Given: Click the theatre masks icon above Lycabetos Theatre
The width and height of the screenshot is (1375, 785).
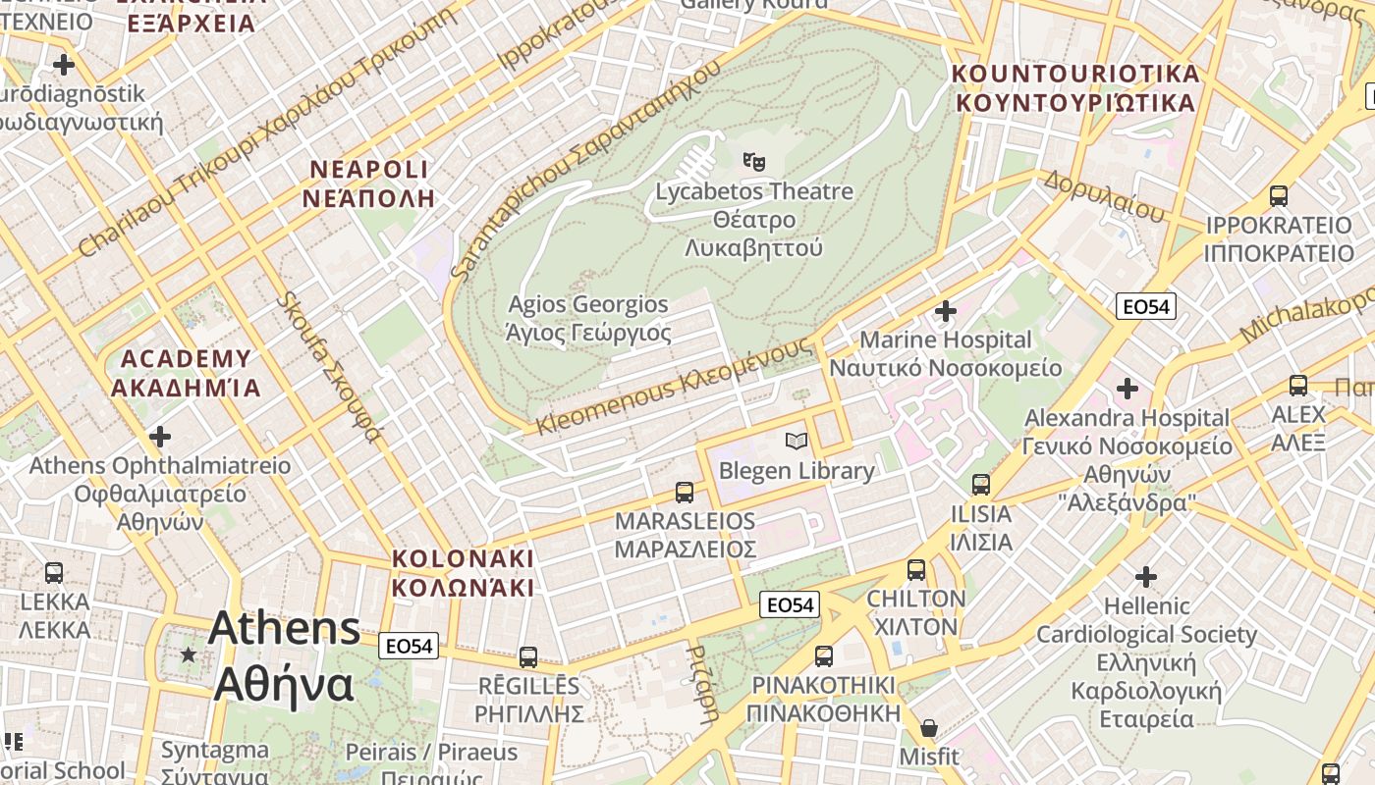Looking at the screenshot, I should pos(753,160).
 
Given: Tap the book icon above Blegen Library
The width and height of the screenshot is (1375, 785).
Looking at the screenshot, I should pos(797,441).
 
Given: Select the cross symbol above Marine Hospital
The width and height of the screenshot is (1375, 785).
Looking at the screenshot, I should pos(945,311).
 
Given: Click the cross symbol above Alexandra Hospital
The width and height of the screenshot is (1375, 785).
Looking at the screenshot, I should pos(1127,389).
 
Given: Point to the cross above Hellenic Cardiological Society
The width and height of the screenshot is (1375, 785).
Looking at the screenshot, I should pos(1145,576).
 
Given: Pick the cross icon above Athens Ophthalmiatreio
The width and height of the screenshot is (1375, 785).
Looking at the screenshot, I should pos(159,436).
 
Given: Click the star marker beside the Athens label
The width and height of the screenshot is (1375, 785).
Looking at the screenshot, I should pos(188,654).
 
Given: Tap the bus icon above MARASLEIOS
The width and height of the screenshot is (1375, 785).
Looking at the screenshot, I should pos(685,492).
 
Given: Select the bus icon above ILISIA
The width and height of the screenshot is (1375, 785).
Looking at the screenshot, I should pos(980,484).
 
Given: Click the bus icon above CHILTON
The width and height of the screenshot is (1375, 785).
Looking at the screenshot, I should pos(916,569).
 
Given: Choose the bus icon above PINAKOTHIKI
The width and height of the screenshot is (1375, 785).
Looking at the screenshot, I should pos(823,655).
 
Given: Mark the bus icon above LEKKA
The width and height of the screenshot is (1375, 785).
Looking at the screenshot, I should pos(54,572).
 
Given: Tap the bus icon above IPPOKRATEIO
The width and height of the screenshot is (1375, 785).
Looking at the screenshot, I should pos(1278,195).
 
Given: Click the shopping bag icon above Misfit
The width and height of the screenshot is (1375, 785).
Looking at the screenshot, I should pos(928,728).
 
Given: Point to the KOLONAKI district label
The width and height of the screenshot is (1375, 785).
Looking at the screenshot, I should pos(463,573).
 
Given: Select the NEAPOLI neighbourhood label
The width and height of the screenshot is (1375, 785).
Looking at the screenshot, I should pos(368,183).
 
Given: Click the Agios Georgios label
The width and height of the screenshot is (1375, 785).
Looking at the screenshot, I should pos(588,319).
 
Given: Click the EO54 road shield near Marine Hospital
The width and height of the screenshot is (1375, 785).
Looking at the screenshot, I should pos(1146,306).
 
